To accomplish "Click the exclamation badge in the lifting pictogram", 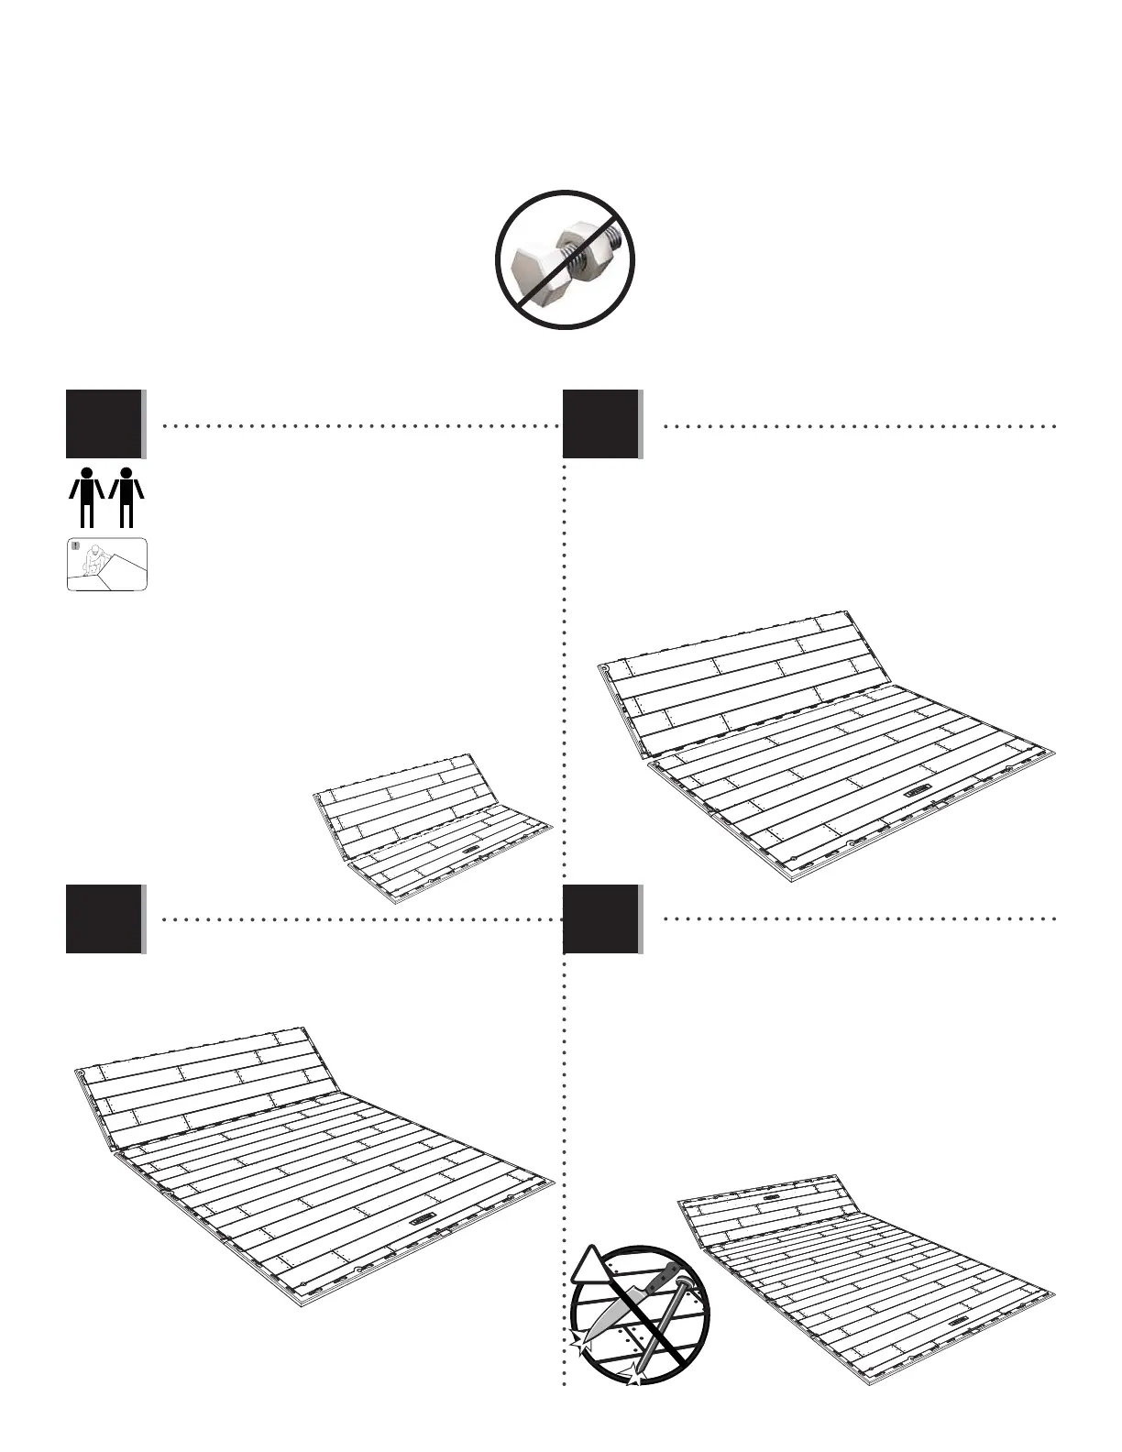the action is point(75,547).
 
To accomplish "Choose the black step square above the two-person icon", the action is point(104,423).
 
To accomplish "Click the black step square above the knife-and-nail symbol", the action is point(600,918).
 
